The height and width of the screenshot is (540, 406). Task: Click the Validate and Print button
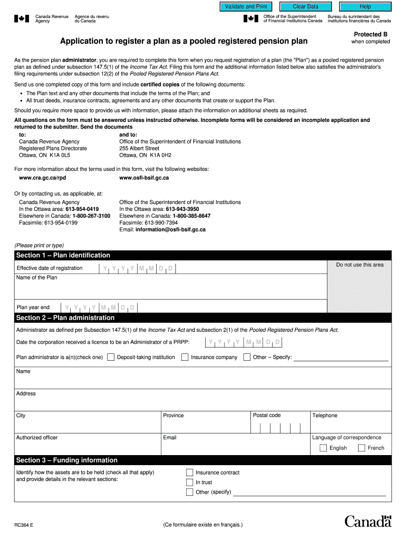(246, 7)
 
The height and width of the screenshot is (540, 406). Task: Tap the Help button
(365, 7)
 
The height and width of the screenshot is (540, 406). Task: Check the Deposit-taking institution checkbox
(111, 357)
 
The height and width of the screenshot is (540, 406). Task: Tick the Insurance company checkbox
(185, 357)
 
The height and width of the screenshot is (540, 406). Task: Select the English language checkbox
(323, 448)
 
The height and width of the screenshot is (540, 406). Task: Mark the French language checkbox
(361, 448)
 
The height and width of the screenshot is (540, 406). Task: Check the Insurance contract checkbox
(189, 472)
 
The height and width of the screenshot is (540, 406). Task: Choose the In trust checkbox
(189, 482)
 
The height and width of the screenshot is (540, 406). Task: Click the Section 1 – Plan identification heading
(63, 255)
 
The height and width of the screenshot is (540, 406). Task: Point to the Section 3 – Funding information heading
(66, 460)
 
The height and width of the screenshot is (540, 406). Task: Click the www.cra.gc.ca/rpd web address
(43, 178)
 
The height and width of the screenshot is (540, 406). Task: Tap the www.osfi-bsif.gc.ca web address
(144, 178)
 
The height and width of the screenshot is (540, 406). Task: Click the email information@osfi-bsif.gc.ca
(170, 229)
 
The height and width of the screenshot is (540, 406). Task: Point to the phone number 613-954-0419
(82, 209)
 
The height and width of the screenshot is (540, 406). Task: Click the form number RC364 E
(25, 525)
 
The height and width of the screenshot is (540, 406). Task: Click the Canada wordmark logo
(368, 522)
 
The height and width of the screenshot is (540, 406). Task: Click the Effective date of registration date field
(138, 268)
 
